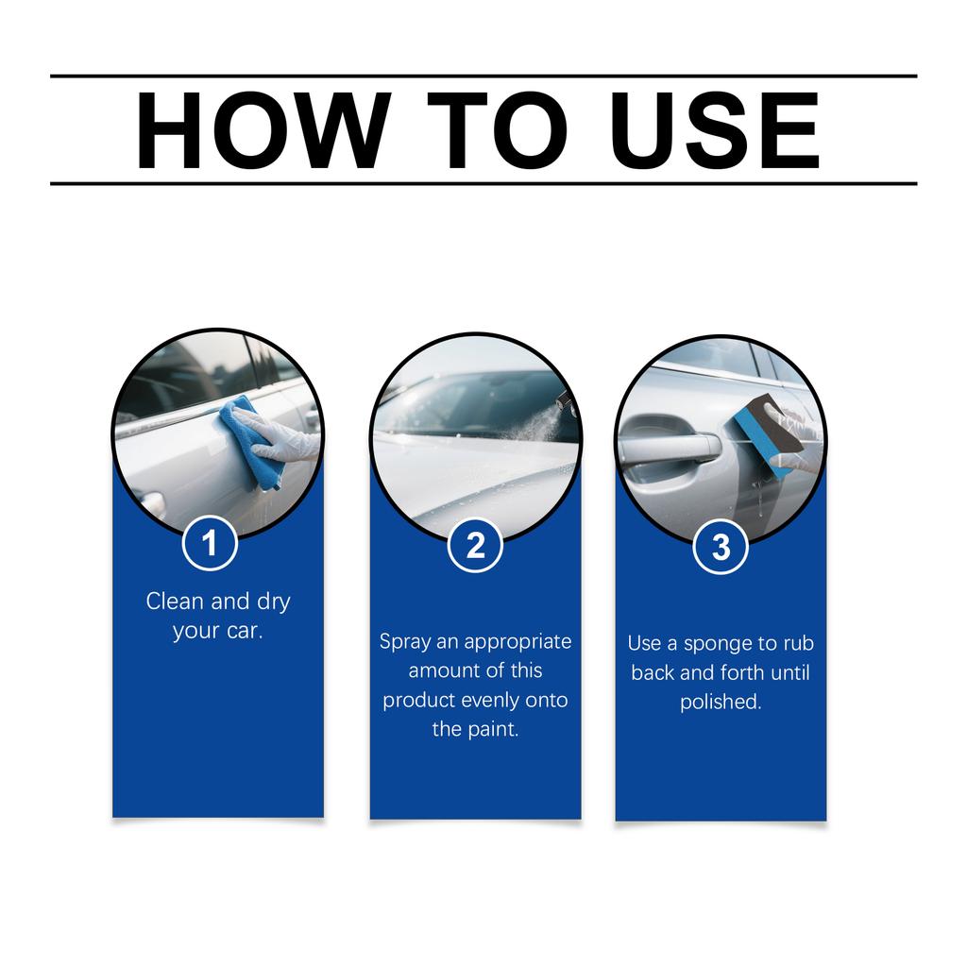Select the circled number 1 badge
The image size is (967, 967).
(x=209, y=544)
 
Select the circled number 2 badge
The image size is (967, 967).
(x=475, y=546)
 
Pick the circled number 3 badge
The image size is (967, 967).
(x=721, y=549)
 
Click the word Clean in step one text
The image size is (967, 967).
(x=174, y=602)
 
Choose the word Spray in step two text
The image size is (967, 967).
(x=403, y=642)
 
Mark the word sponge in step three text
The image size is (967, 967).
(x=716, y=644)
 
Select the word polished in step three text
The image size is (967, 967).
(x=721, y=703)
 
